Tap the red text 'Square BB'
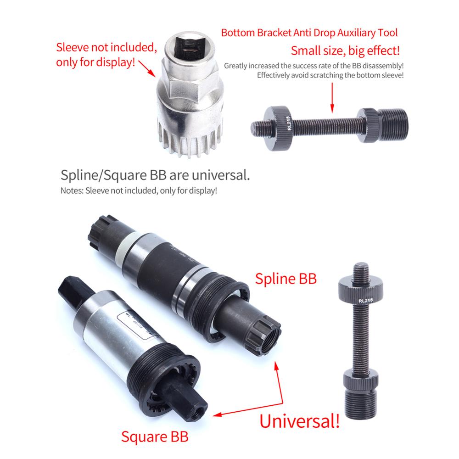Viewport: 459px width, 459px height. (154, 436)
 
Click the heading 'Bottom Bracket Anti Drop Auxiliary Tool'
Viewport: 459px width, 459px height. (309, 33)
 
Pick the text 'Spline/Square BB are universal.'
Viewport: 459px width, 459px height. (156, 175)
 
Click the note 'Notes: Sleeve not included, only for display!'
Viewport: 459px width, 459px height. (139, 190)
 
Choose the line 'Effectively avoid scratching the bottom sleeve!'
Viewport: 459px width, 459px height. (330, 75)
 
